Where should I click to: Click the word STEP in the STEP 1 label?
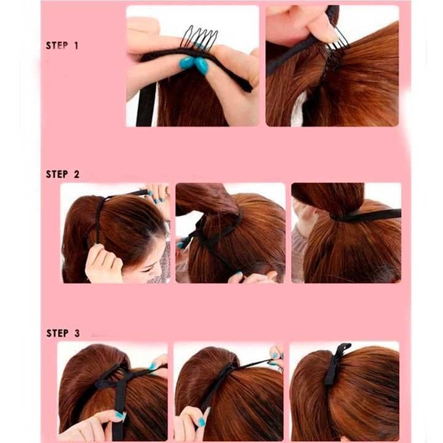pos(57,46)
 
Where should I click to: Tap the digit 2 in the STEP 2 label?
pos(76,174)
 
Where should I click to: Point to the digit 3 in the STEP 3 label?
pos(77,333)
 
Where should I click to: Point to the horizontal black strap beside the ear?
pos(367,215)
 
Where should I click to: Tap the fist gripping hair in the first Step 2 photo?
pos(103,263)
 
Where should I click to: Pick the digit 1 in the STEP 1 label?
pos(76,46)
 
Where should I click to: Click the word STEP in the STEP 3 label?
pos(57,333)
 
